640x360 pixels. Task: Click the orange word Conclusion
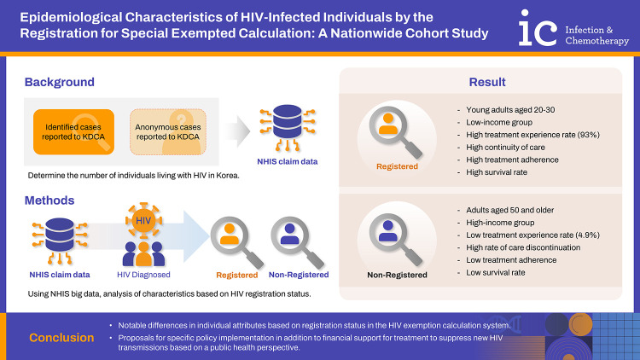[61, 338]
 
